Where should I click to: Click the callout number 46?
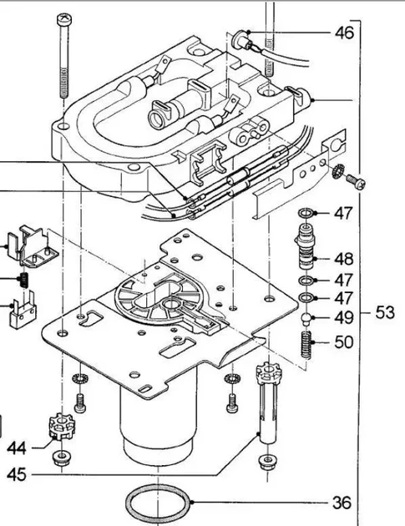[344, 33]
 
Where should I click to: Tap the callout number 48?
[344, 259]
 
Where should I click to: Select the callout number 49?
[344, 317]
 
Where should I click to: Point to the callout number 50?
[344, 342]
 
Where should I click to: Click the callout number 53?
[384, 312]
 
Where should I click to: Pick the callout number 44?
[17, 448]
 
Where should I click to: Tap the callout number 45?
[17, 474]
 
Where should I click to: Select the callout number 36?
[342, 503]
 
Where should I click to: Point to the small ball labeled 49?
[306, 317]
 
